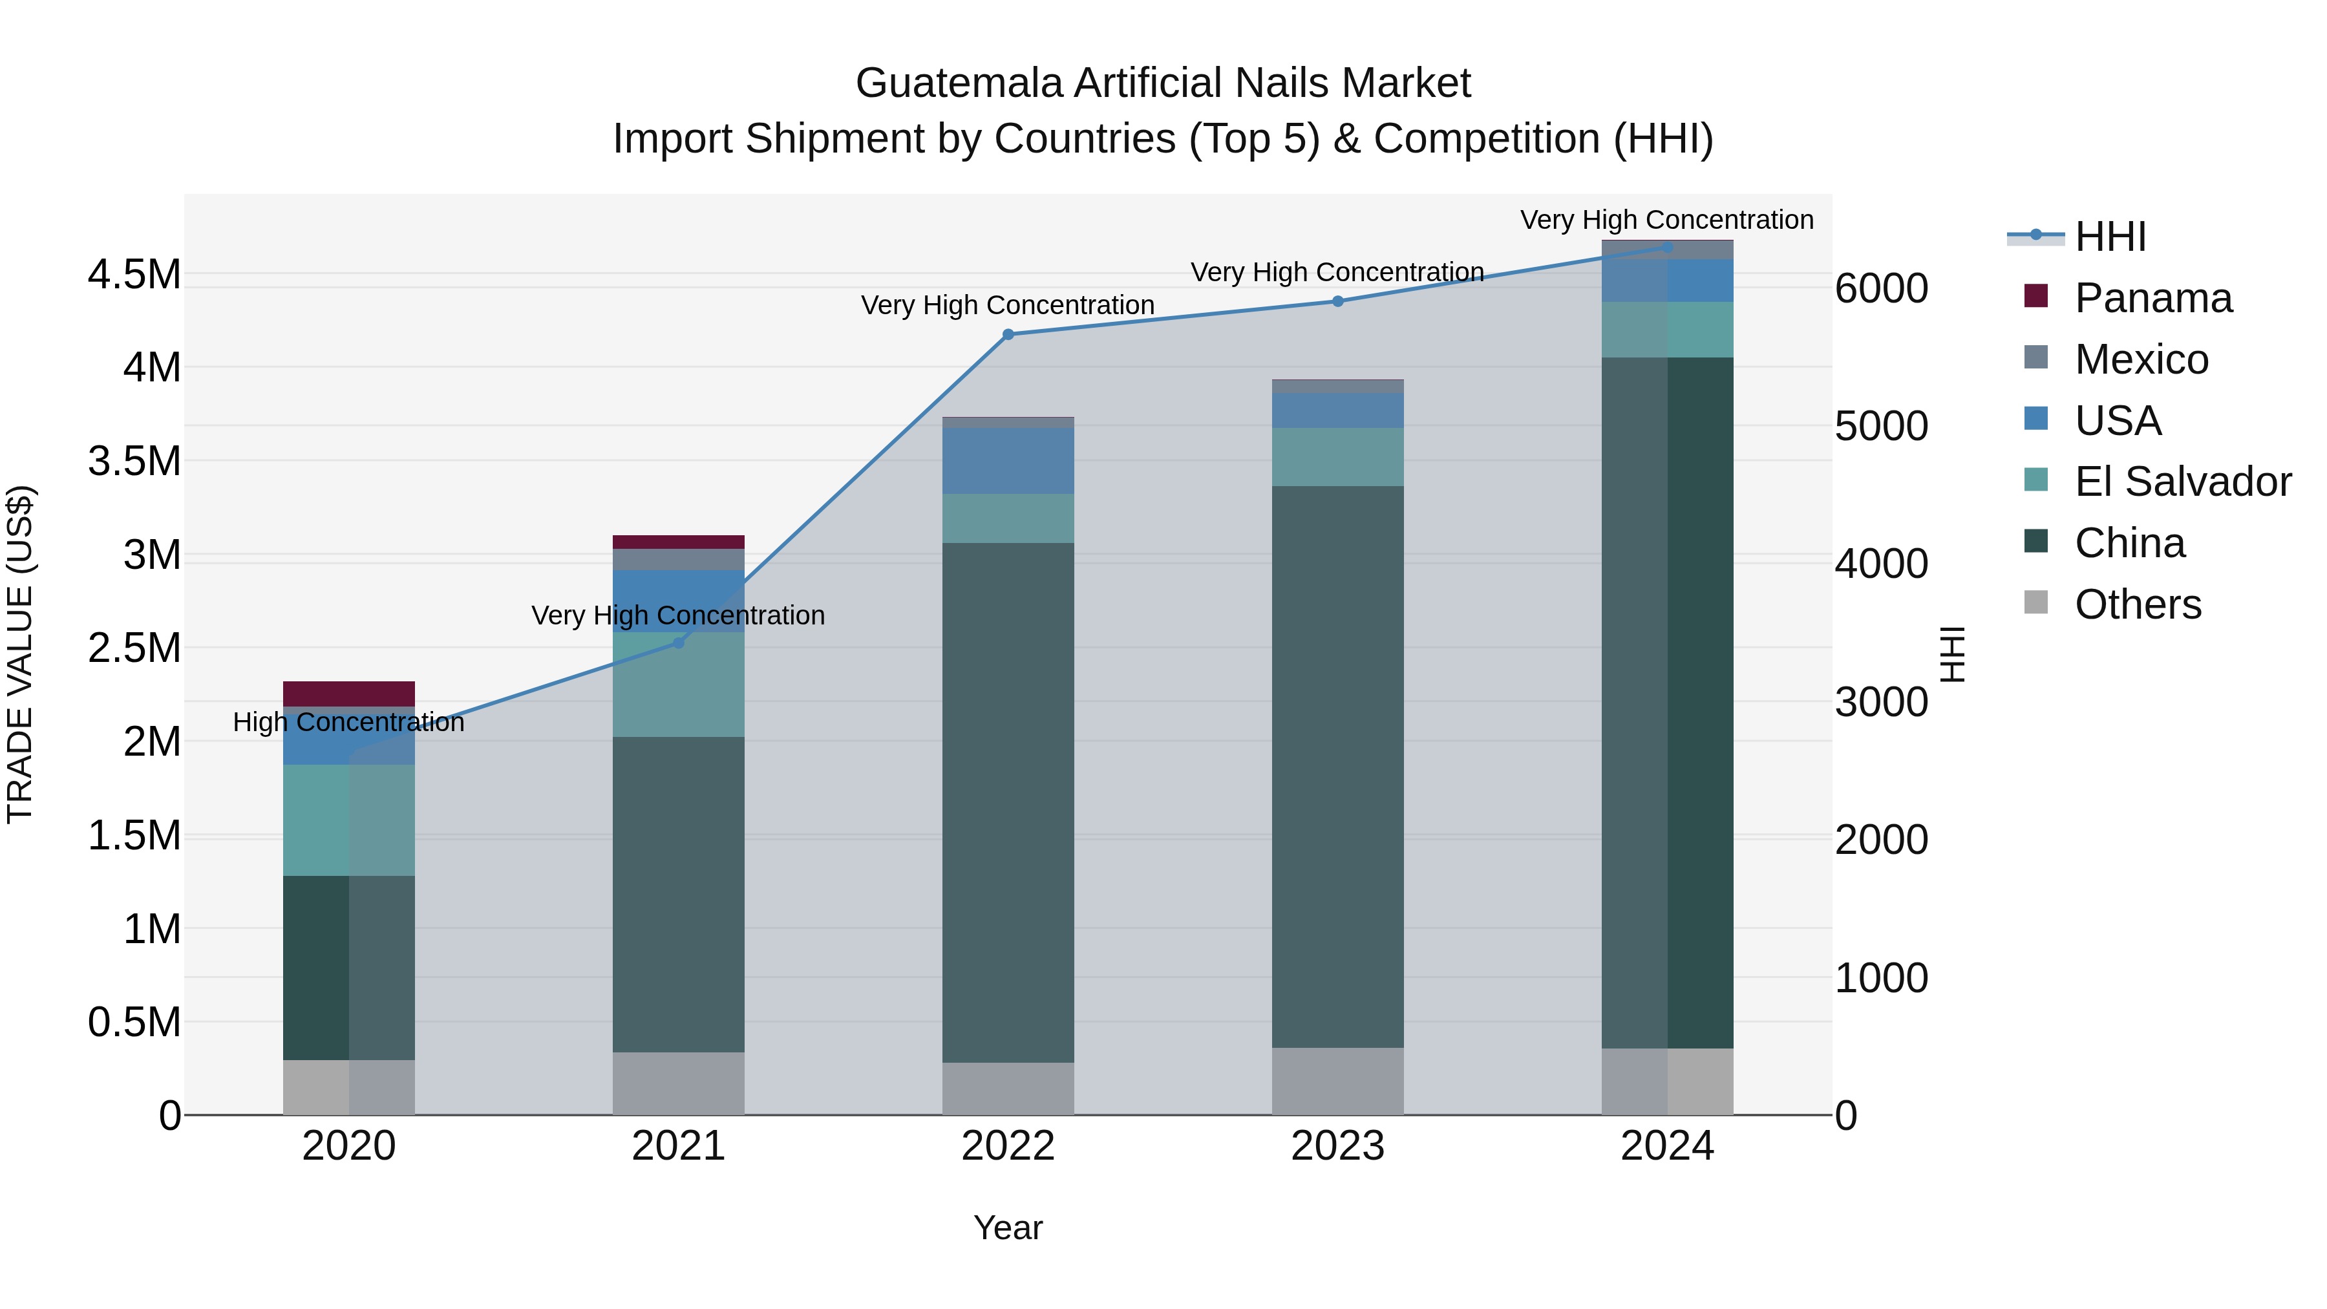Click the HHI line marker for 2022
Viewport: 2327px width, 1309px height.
click(x=1008, y=334)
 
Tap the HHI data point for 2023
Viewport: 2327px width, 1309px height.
click(x=1338, y=301)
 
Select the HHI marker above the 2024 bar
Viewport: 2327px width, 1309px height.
click(x=1668, y=247)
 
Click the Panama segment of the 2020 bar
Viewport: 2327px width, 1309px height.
click(x=348, y=693)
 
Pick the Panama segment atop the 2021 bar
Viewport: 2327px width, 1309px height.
click(x=679, y=542)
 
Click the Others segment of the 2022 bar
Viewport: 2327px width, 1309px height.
click(x=1008, y=1088)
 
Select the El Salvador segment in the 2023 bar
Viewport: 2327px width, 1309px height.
click(x=1338, y=456)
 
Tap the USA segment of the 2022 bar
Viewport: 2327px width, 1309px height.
click(x=1008, y=461)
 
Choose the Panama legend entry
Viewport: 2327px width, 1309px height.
click(x=2152, y=298)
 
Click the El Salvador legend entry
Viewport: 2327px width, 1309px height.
click(x=2182, y=482)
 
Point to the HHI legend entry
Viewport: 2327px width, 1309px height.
click(x=2110, y=237)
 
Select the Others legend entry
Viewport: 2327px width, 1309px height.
click(x=2138, y=604)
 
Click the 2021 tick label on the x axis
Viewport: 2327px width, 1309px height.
click(x=679, y=1146)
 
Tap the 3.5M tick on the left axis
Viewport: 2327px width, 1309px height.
click(x=134, y=461)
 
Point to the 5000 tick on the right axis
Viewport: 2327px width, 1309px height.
click(x=1882, y=427)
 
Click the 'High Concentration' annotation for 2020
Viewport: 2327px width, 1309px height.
click(x=348, y=722)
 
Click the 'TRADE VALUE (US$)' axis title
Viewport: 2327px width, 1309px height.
click(x=20, y=654)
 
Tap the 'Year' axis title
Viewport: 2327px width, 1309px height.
click(x=1008, y=1228)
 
